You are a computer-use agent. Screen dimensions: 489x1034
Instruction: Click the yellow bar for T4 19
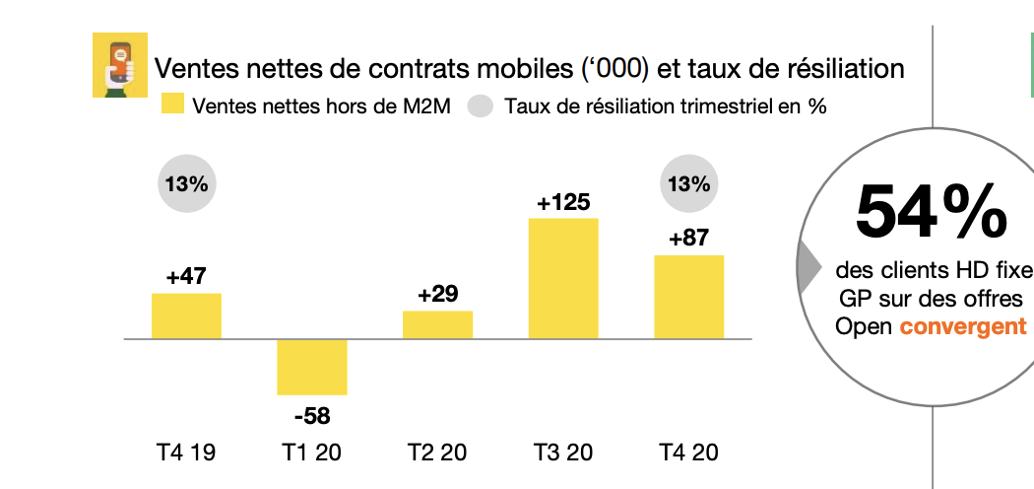[186, 315]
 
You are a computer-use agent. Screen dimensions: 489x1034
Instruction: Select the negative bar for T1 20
[312, 367]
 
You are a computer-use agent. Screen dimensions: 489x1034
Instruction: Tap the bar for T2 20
[437, 324]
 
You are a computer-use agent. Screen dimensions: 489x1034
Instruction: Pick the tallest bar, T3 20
[563, 278]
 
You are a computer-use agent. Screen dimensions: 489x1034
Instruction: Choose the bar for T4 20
[689, 297]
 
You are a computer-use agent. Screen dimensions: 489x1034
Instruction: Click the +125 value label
[563, 202]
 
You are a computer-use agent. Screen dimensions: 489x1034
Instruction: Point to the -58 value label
[312, 415]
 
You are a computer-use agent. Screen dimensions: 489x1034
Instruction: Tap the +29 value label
[437, 295]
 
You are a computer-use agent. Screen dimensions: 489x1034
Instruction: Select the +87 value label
[689, 239]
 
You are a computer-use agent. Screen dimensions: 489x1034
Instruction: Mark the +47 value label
[186, 277]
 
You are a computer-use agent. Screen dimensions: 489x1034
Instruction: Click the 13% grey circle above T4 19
[186, 184]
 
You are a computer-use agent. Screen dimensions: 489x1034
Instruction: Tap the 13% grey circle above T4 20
[689, 184]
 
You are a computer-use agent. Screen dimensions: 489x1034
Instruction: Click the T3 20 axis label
[563, 454]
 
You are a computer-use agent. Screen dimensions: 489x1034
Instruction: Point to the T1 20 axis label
[312, 454]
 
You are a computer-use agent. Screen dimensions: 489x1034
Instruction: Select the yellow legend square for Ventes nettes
[172, 105]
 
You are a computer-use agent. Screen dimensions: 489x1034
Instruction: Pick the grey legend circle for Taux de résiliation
[480, 105]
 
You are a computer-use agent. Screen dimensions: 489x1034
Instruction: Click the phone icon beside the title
[119, 65]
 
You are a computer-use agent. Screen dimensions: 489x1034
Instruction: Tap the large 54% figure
[932, 211]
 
